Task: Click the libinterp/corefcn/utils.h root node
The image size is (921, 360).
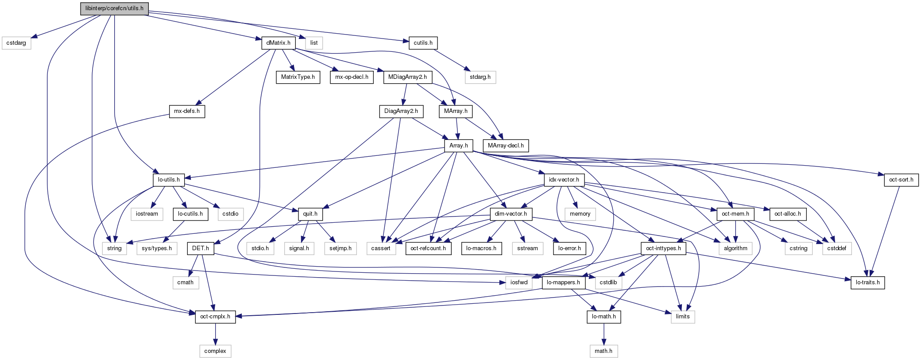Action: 114,8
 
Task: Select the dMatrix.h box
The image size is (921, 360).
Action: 279,43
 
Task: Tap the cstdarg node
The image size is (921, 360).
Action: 16,43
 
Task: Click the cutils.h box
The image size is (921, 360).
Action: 423,43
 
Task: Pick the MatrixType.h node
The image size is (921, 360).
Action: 298,77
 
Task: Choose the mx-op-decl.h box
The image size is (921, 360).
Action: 352,77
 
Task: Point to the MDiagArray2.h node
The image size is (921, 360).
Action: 407,77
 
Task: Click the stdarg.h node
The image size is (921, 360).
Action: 480,77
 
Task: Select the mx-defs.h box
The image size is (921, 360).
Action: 187,111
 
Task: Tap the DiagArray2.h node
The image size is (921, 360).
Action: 401,111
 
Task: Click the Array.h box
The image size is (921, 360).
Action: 458,145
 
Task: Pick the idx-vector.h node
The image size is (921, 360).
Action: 564,180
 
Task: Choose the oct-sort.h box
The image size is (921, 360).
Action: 901,180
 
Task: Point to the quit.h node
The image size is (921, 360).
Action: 310,214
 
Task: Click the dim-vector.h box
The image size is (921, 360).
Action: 511,214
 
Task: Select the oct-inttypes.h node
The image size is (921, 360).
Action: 663,248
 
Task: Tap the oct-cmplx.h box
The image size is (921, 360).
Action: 215,317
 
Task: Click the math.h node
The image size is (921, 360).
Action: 604,351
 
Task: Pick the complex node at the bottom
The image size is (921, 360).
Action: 215,351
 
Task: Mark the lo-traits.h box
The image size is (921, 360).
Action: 867,283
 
